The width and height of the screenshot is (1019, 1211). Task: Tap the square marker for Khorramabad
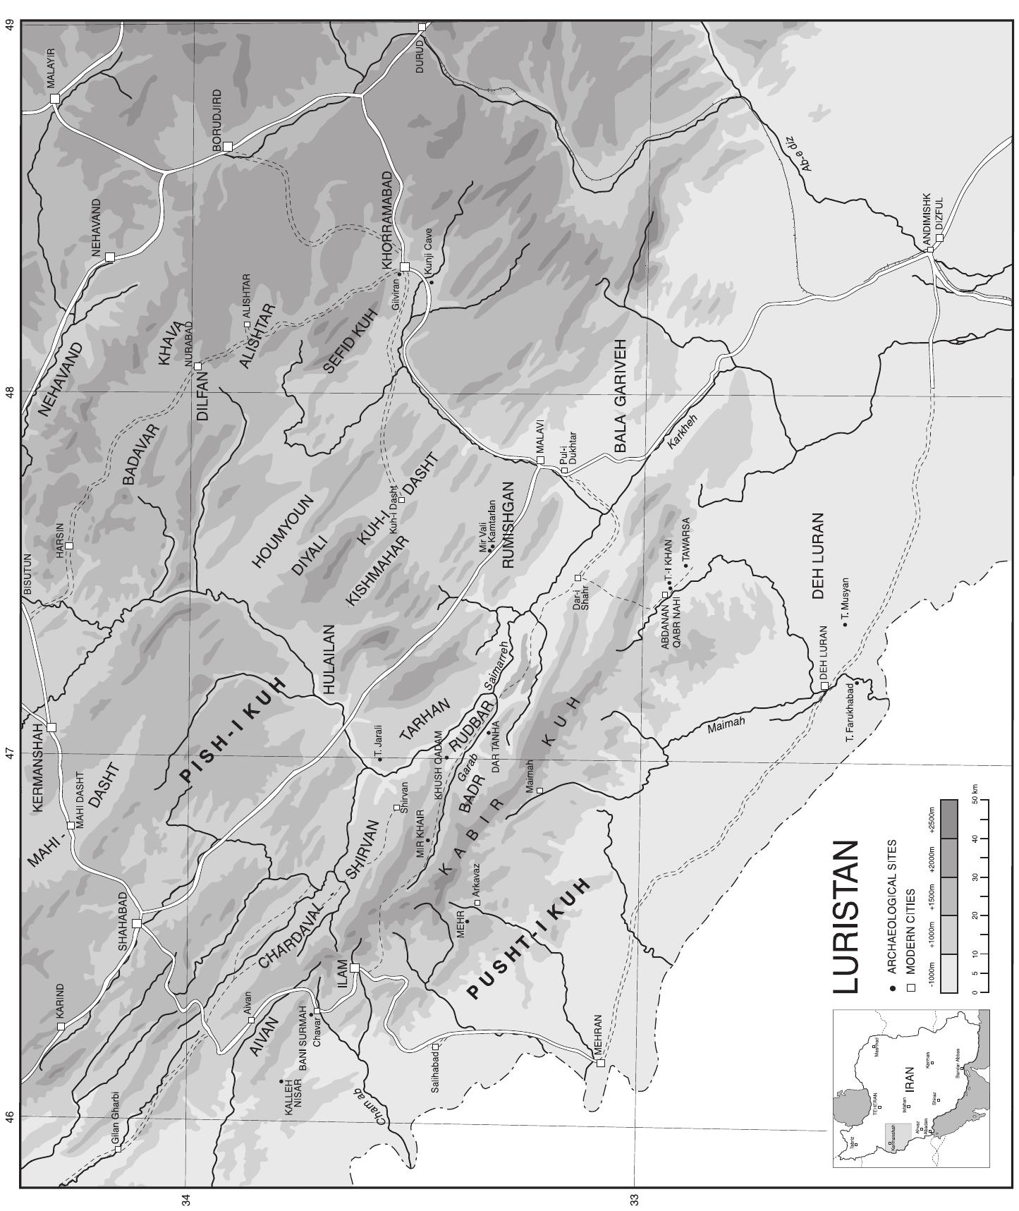click(x=405, y=267)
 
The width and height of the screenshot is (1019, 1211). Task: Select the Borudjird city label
click(x=216, y=120)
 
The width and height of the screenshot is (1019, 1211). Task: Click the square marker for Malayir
click(x=55, y=99)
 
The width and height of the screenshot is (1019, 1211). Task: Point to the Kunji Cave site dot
click(x=432, y=283)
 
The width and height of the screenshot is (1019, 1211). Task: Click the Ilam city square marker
click(x=355, y=968)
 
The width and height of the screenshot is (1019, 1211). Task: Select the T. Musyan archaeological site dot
click(x=844, y=625)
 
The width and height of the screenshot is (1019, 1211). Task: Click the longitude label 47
click(x=10, y=753)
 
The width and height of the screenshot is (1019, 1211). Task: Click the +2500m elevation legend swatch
click(x=949, y=818)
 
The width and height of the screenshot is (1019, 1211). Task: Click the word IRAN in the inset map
click(x=909, y=1079)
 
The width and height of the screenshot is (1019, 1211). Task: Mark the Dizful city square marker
click(x=939, y=238)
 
